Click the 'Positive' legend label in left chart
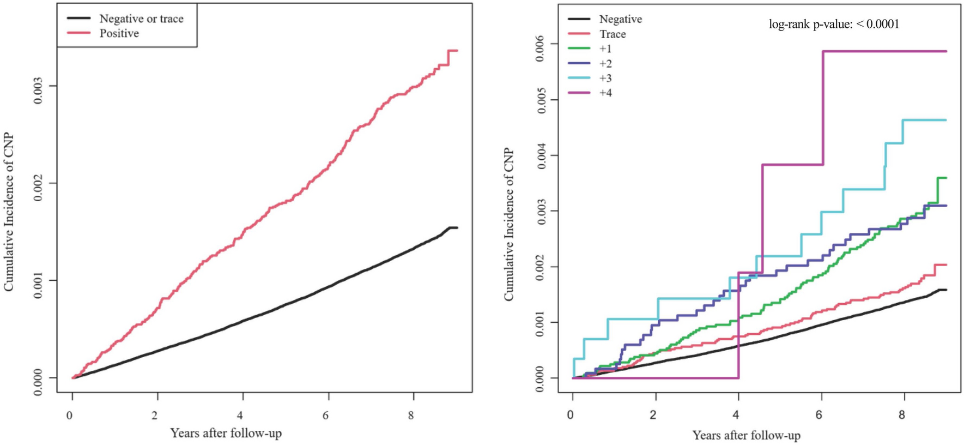119,33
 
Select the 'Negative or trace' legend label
141,19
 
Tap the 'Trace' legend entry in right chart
613,34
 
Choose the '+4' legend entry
605,93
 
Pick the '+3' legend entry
605,79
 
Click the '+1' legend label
605,49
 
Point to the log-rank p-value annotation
834,24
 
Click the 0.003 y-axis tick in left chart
38,86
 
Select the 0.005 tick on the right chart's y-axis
541,99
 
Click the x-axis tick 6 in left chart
326,416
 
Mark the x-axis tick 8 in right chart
901,416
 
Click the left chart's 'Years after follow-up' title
226,434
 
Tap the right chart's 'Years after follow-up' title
746,435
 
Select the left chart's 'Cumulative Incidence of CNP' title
9,212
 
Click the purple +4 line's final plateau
883,51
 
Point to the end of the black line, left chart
457,227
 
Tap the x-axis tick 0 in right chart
571,416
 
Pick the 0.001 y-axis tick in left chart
38,280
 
